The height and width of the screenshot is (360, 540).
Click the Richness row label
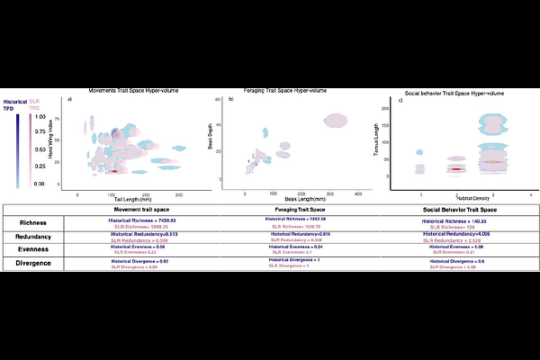click(x=36, y=221)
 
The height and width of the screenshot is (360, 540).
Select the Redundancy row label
click(x=36, y=237)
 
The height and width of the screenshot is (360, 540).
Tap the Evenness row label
click(x=36, y=251)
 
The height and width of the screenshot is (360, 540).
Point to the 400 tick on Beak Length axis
click(x=358, y=194)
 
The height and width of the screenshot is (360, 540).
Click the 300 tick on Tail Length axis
click(x=178, y=194)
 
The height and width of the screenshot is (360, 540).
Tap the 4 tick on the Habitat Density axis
click(x=532, y=193)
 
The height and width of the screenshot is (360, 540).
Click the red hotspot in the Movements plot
click(x=115, y=170)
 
